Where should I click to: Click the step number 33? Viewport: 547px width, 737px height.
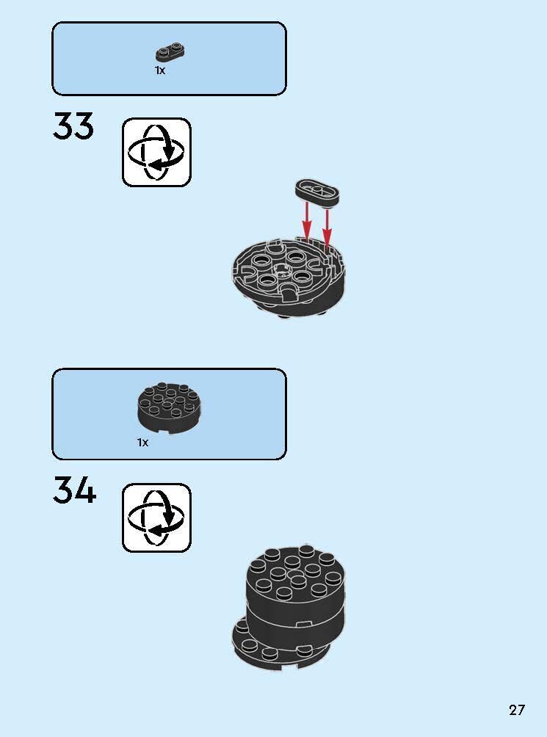[73, 126]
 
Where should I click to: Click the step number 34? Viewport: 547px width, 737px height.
[74, 490]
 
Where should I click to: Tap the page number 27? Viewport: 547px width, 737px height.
[516, 709]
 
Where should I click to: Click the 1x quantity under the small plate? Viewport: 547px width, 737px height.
[160, 70]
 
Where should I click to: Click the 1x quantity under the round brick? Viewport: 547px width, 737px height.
[142, 443]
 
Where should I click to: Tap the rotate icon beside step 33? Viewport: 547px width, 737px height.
[156, 152]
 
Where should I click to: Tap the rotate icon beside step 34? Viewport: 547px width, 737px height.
[156, 518]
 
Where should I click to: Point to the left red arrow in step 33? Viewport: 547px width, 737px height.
[306, 221]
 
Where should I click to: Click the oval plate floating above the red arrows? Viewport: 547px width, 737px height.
[317, 192]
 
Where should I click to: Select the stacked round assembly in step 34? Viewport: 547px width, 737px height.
[289, 607]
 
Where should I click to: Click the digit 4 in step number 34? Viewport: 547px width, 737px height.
[85, 490]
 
